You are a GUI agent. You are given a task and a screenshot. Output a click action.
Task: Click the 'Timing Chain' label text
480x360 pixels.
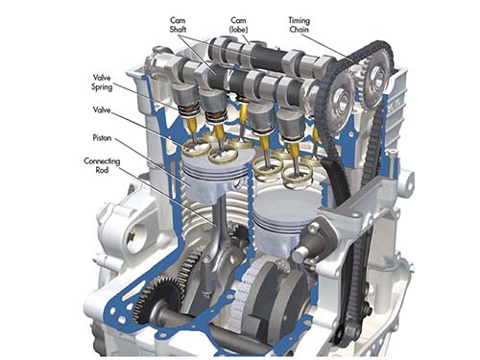coord(300,25)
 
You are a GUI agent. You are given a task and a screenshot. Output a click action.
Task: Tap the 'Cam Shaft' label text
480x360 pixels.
coord(178,25)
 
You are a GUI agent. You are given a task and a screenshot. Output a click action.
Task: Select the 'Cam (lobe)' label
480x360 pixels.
coord(238,25)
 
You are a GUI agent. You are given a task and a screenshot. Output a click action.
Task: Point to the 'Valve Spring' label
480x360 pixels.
coord(102,83)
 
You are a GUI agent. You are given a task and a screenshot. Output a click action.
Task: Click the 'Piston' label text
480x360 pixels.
coord(102,138)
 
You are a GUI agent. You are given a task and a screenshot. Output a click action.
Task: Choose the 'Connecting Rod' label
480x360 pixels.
coord(102,165)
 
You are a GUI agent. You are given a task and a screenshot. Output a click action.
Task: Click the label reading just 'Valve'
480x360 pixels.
coord(102,110)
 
